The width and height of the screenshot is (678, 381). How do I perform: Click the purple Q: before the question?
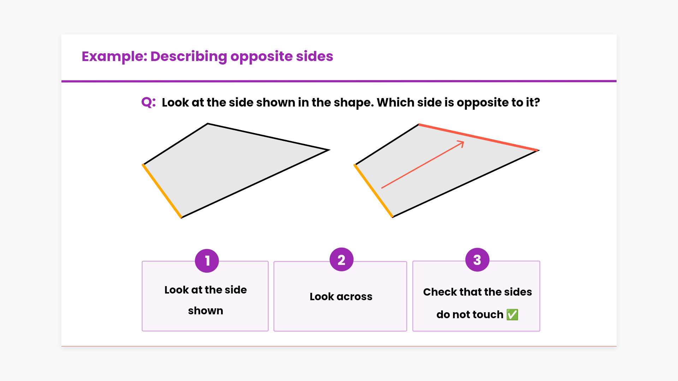[148, 103]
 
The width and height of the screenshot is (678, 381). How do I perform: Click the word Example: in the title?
[114, 56]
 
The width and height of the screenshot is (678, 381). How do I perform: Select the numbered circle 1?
[207, 261]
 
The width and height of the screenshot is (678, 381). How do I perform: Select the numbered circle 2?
[341, 260]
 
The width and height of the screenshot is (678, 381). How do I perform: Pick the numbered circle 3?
[477, 260]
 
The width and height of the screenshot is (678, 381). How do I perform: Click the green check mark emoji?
[512, 314]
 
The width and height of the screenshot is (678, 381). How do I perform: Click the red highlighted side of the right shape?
[478, 137]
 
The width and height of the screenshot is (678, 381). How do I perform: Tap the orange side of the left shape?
[162, 191]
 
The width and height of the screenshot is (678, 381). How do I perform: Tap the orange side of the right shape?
[374, 190]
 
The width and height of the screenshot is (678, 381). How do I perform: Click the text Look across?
[341, 297]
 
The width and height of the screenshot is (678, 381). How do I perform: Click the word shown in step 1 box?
[206, 311]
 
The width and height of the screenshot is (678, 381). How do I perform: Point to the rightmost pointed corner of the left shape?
[329, 150]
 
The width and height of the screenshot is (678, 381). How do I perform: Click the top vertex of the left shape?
[208, 123]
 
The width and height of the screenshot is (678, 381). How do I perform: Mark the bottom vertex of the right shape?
[393, 217]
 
